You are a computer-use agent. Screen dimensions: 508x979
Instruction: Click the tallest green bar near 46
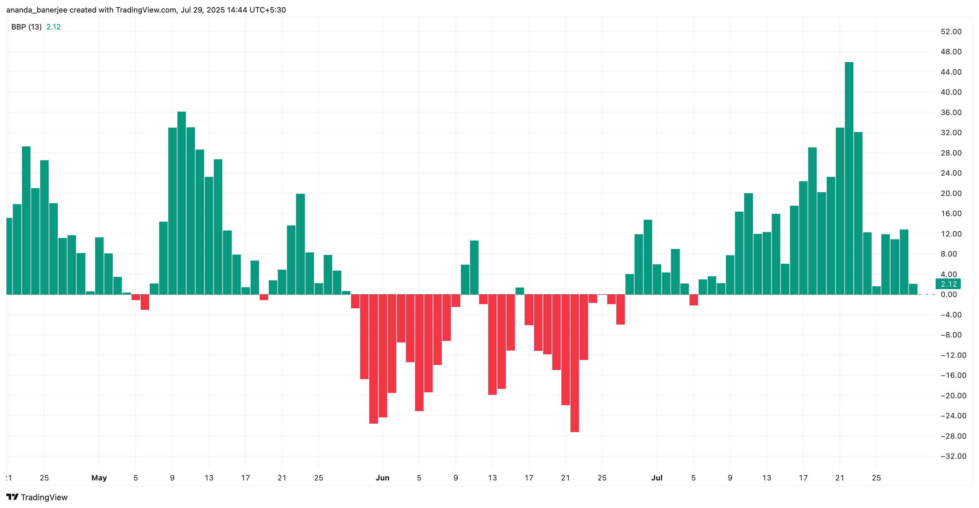(849, 178)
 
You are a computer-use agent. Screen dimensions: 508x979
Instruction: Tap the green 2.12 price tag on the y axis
(948, 284)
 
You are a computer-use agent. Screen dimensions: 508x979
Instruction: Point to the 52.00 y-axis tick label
(951, 31)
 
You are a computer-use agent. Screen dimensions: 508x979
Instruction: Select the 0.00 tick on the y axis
(949, 294)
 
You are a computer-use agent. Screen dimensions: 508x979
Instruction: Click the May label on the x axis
(99, 478)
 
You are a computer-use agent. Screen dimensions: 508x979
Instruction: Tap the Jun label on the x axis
(382, 478)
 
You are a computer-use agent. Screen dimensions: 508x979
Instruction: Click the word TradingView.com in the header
(146, 10)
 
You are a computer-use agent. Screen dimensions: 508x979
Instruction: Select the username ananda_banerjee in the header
(36, 10)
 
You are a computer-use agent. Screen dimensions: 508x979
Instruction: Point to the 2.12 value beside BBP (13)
(53, 27)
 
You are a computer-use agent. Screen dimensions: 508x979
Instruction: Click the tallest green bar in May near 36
(181, 203)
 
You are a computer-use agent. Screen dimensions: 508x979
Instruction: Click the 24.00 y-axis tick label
(951, 173)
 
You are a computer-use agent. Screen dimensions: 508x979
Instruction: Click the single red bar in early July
(693, 299)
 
